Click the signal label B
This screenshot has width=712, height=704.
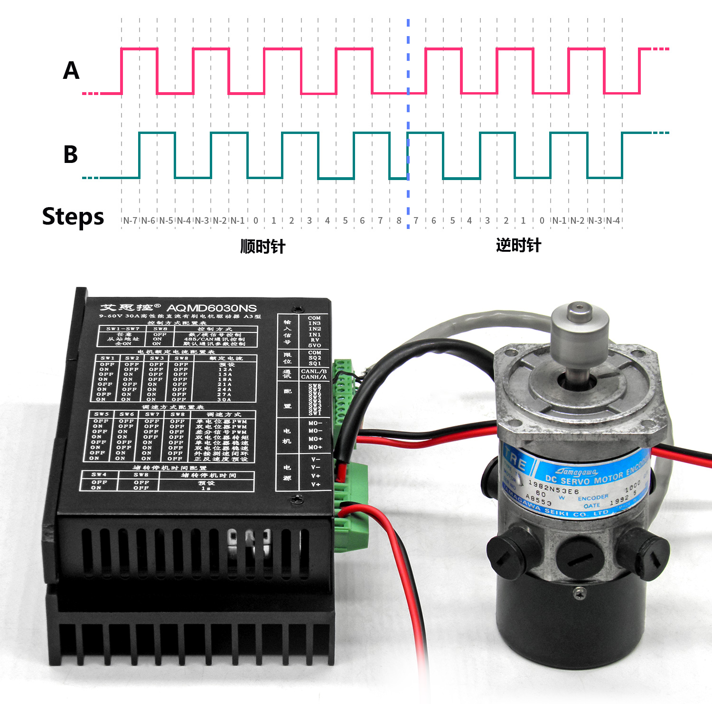71,154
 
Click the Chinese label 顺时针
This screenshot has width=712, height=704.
262,247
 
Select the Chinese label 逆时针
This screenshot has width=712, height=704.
518,245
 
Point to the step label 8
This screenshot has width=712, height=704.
399,220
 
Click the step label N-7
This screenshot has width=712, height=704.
130,220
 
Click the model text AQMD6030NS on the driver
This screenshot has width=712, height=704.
211,308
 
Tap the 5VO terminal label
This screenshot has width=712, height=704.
314,345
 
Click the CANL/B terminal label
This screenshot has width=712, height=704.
314,371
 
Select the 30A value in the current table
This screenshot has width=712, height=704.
225,400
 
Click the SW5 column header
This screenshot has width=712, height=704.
101,414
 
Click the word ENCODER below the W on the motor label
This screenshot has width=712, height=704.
593,497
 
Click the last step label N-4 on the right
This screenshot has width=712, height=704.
613,220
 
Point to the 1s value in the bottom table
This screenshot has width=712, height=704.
206,488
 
